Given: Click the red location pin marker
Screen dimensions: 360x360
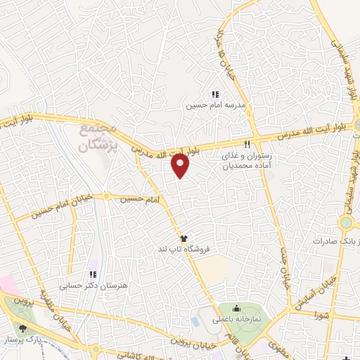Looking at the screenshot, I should pos(181,165).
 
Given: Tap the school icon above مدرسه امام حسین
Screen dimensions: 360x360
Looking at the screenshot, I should pos(215,94).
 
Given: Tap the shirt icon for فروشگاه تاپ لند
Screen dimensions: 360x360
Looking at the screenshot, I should pos(184,238).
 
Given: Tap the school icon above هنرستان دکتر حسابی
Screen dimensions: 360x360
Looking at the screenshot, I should pos(92,275).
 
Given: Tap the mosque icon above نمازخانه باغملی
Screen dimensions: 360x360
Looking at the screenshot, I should pos(236,307).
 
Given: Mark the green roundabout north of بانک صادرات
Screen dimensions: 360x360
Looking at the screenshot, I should pos(346,223).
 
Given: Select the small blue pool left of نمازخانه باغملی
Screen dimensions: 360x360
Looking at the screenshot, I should pos(195,321).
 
